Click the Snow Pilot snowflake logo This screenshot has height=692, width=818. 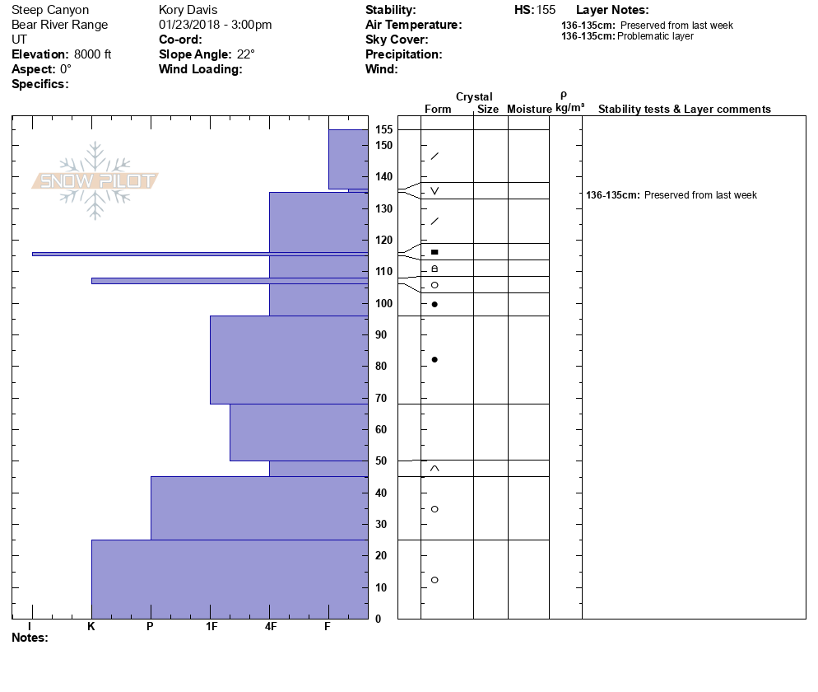[x=95, y=180]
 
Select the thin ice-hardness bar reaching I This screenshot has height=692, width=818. [x=198, y=254]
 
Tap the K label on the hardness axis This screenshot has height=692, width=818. [x=91, y=627]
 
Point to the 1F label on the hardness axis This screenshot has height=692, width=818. [x=211, y=627]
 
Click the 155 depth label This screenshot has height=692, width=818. [x=383, y=130]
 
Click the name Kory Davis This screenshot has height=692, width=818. [x=188, y=10]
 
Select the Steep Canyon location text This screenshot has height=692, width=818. [x=50, y=10]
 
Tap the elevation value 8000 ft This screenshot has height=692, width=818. [x=92, y=54]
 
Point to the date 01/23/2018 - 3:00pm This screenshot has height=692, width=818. [x=215, y=25]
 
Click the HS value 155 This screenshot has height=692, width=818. [x=546, y=10]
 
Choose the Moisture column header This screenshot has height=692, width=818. [x=529, y=110]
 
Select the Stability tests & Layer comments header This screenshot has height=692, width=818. [x=684, y=110]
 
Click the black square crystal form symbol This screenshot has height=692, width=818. [x=435, y=252]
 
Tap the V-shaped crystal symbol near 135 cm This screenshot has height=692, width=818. [x=435, y=191]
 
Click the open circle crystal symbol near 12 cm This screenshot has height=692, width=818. [x=435, y=580]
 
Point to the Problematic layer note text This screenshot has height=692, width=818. [x=655, y=36]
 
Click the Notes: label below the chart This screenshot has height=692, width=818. [x=30, y=638]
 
